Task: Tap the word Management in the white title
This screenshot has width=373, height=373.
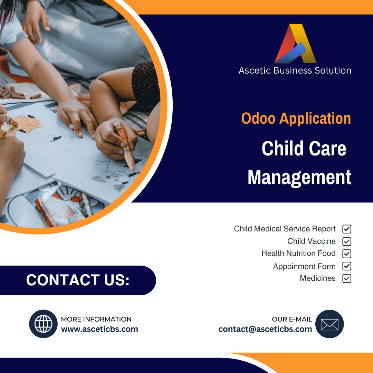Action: point(299,177)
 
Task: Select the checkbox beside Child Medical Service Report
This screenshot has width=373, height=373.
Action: point(347,229)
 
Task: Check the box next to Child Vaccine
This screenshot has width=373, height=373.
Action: point(347,241)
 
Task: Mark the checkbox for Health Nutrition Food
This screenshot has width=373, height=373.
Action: point(347,254)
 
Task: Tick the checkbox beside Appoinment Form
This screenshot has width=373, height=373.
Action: point(347,266)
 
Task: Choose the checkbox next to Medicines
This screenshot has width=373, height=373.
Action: point(347,278)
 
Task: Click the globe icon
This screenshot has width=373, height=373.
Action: point(44,324)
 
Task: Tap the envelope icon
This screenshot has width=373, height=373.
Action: point(329,324)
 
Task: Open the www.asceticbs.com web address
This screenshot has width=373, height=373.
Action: point(99,329)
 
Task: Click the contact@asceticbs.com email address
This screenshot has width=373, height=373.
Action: point(265,329)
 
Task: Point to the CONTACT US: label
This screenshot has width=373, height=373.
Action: point(78,280)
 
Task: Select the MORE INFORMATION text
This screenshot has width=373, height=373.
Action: point(96,319)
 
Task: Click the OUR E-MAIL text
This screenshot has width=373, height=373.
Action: point(292,319)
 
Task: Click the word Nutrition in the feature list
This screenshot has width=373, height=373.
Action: point(298,254)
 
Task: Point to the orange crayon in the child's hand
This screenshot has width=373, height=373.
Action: point(125,145)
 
